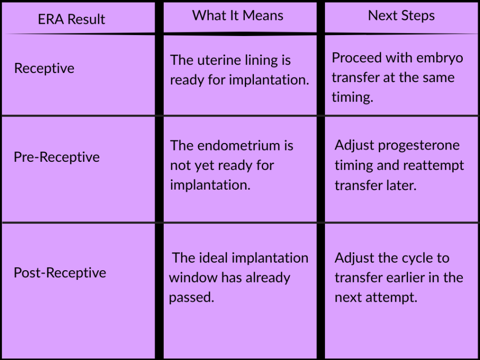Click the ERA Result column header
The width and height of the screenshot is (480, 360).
71,19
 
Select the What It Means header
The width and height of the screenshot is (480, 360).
238,15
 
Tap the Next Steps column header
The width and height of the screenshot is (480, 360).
401,16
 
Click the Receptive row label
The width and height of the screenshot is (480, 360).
44,68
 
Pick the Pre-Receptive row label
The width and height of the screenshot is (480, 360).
57,157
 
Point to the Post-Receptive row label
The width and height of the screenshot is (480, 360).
60,273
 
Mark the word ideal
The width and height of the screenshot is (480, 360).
214,258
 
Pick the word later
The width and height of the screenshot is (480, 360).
401,186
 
